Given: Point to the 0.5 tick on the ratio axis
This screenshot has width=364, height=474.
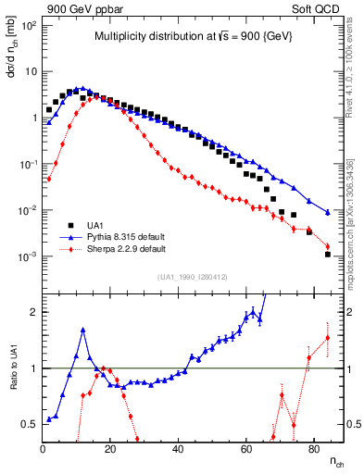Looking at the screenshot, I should click(28, 425).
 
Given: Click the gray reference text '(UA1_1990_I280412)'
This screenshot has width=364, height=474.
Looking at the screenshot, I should click(192, 276).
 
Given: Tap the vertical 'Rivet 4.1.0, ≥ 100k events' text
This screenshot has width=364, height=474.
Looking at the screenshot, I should click(350, 83).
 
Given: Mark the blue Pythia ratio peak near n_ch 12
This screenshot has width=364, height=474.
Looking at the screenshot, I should click(83, 330).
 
